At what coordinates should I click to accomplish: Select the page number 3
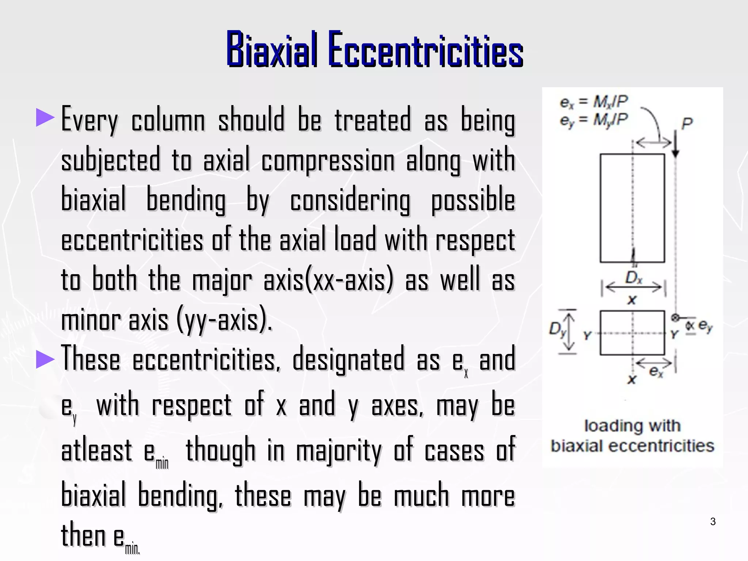tap(713, 522)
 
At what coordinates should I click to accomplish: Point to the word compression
tap(328, 161)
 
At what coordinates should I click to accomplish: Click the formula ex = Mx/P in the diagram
tap(594, 102)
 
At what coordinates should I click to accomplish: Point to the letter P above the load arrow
tap(687, 124)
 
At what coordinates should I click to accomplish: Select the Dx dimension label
tap(633, 278)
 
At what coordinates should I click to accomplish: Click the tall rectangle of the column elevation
tap(632, 208)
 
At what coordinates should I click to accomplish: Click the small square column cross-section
tap(632, 333)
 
